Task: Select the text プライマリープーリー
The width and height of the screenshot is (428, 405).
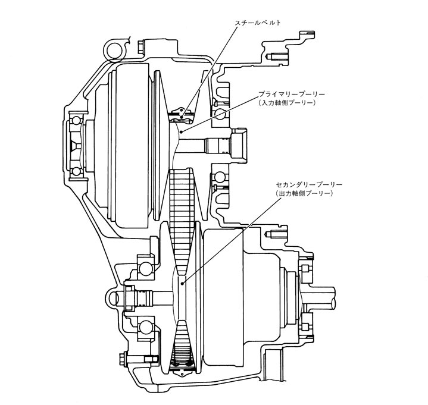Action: (289, 95)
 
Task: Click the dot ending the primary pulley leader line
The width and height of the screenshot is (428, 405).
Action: (182, 130)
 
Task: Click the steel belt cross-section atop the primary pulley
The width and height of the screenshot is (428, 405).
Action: (179, 111)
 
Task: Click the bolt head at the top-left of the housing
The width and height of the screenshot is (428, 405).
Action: (142, 46)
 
